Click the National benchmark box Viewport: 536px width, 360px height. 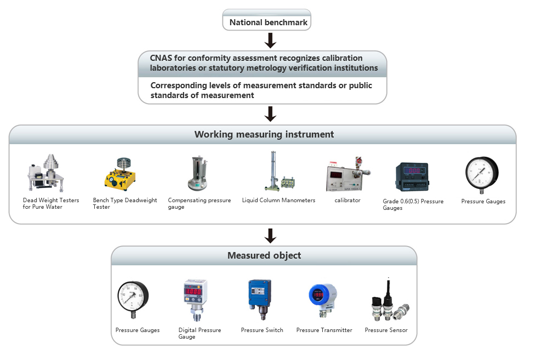267,22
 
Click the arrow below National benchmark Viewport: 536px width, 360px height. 270,41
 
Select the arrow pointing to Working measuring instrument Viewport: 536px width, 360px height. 270,113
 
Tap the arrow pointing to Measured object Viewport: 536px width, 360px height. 270,235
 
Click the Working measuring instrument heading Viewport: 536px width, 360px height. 264,134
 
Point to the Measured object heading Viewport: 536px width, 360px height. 264,255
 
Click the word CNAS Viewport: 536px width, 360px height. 163,58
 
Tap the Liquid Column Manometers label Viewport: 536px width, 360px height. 278,201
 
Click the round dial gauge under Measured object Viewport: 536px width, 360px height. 133,299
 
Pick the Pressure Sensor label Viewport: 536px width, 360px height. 386,330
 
